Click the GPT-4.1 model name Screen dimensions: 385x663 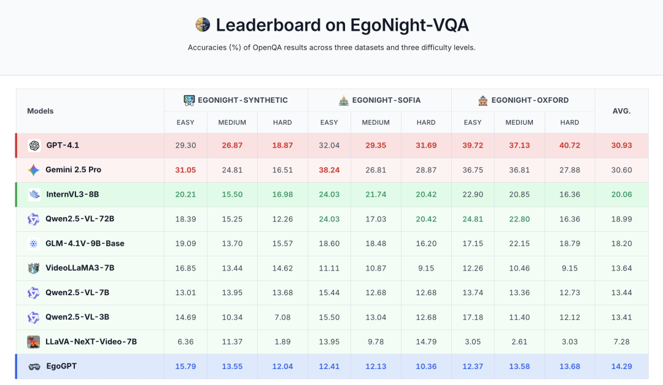point(62,146)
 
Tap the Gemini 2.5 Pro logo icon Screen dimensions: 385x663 point(34,170)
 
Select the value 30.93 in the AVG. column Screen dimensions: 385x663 point(621,146)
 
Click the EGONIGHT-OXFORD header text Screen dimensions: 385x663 point(530,100)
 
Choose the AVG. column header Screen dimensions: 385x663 point(621,111)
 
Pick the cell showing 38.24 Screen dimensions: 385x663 point(329,170)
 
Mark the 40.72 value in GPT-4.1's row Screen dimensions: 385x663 point(569,146)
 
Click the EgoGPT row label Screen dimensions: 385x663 point(61,367)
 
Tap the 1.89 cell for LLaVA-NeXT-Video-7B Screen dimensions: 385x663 point(282,342)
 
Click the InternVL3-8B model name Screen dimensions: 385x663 point(72,195)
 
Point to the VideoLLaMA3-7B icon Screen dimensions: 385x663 point(34,268)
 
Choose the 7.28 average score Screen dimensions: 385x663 point(621,342)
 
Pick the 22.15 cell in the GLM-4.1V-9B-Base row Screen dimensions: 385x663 point(519,244)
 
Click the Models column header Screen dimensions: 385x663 point(41,111)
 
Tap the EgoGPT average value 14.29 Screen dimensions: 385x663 point(621,367)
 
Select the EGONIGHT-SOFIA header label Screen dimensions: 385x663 point(386,100)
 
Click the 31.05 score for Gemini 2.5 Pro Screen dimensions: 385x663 point(185,170)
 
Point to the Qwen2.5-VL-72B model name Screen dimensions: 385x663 point(80,219)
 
